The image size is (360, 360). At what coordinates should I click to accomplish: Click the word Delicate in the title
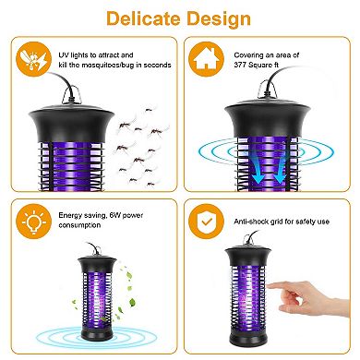pyautogui.click(x=143, y=18)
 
